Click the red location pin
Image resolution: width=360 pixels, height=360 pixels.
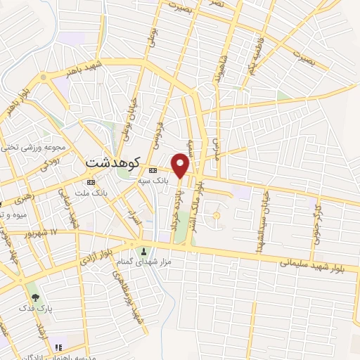[x=181, y=165]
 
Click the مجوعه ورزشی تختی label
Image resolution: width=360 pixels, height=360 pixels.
[x=32, y=147]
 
